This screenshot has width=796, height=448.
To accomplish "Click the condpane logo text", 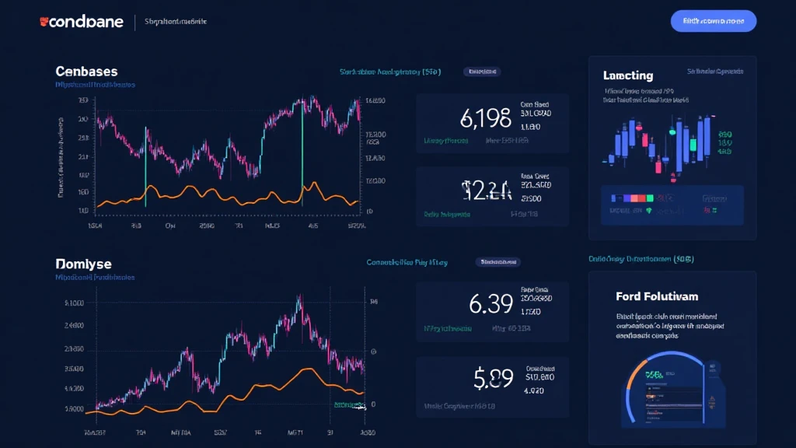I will (x=86, y=22).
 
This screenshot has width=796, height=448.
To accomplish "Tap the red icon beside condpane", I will (x=44, y=22).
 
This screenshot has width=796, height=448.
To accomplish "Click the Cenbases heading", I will (x=86, y=71).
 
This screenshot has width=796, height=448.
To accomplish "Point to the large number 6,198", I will (x=485, y=117).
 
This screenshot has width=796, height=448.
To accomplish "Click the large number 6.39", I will (x=491, y=304).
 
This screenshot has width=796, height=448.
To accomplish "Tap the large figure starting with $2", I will (x=486, y=191).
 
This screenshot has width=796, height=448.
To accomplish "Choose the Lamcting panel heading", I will (x=627, y=75).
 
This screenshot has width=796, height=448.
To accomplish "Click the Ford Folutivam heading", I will (x=656, y=296).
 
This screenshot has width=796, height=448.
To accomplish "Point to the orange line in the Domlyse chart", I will (x=233, y=393).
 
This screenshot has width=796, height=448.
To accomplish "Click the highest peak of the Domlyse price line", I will (x=299, y=297).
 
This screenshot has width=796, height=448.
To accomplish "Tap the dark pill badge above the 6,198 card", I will (x=481, y=72).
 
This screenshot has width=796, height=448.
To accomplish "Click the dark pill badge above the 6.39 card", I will (x=500, y=263).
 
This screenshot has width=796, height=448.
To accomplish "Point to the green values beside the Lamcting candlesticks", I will (x=724, y=142).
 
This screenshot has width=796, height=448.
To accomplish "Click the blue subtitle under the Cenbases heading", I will (x=96, y=84).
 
